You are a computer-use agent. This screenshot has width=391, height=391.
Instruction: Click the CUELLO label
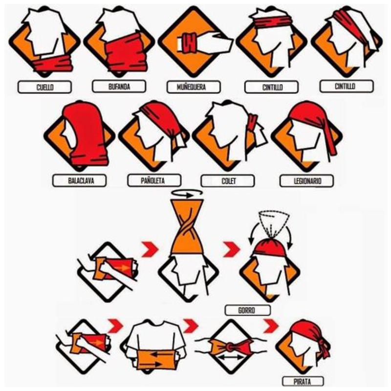coord(45,87)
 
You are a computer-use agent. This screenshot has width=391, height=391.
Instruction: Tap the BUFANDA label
coord(119,87)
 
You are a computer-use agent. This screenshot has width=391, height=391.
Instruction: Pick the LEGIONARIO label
coord(307,181)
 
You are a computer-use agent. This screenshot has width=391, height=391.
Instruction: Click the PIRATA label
coord(302,382)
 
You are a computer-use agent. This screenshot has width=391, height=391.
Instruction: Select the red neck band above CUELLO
coord(53,64)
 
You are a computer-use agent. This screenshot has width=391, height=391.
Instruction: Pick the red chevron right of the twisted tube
coord(232,249)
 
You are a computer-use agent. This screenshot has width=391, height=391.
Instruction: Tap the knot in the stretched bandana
coord(230,347)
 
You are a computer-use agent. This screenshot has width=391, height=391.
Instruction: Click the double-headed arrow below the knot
coord(231,358)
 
